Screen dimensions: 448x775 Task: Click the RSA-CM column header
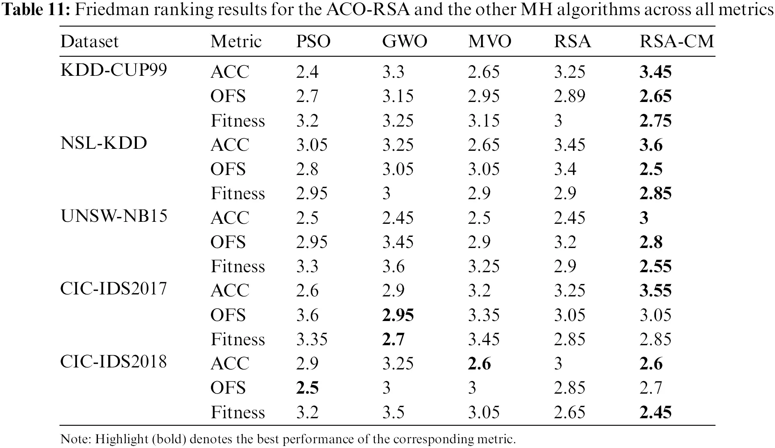[x=677, y=41]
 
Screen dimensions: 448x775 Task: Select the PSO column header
[x=313, y=41]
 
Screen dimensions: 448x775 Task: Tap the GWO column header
[x=405, y=41]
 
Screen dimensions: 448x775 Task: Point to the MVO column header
[x=490, y=41]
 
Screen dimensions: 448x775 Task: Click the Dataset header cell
[x=90, y=41]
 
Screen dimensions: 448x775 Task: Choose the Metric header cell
[x=236, y=41]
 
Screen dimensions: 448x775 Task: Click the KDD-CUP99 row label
[x=114, y=70]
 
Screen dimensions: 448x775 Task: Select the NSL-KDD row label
[x=104, y=143]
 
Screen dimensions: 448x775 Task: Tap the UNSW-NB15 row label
[x=114, y=216]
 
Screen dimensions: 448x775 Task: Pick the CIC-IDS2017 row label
[x=113, y=288]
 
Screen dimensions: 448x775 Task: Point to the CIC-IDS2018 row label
[x=113, y=361]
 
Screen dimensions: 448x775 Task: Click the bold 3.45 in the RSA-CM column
[x=655, y=72]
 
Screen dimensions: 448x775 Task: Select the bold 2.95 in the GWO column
[x=398, y=315]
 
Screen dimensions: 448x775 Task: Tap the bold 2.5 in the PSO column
[x=307, y=388]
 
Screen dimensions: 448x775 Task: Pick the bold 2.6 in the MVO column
[x=479, y=363]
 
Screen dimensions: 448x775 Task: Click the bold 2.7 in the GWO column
[x=393, y=339]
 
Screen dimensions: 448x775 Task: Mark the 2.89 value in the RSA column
[x=569, y=96]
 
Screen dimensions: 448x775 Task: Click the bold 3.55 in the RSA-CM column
[x=655, y=290]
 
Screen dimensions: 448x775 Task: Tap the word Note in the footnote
[x=75, y=439]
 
